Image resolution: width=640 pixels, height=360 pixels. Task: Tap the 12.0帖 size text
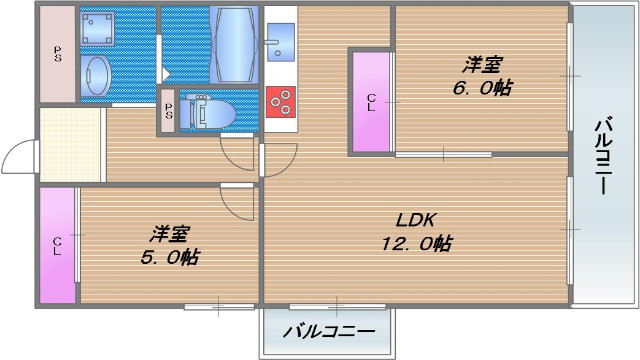click(415, 243)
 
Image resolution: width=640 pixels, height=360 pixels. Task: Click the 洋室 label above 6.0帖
click(482, 65)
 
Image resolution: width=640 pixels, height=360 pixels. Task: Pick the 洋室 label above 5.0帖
click(170, 234)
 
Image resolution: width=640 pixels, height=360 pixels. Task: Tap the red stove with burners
click(281, 98)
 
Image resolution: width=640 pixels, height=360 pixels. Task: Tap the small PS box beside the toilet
click(168, 112)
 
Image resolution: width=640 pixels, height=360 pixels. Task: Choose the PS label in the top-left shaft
click(57, 54)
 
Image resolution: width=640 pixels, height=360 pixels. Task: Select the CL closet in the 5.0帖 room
click(57, 245)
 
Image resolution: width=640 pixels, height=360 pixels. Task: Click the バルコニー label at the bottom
click(329, 331)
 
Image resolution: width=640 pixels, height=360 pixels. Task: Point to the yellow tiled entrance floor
click(72, 145)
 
